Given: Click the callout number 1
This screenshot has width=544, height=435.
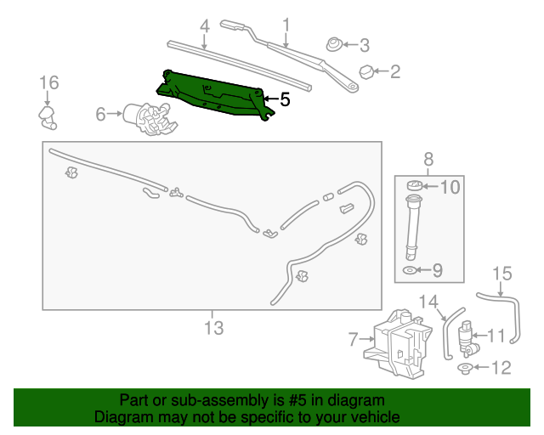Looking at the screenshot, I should pyautogui.click(x=286, y=25).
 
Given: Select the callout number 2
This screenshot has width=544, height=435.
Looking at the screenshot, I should pyautogui.click(x=394, y=72).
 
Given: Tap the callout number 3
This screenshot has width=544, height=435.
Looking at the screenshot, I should pyautogui.click(x=364, y=45).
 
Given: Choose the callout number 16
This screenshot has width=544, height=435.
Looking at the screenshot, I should pyautogui.click(x=48, y=82).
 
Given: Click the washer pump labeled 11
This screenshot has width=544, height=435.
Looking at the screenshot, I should pyautogui.click(x=467, y=336).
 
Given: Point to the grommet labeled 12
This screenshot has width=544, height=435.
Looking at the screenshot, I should pyautogui.click(x=465, y=368).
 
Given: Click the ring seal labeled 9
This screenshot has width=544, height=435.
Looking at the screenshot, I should pyautogui.click(x=411, y=271).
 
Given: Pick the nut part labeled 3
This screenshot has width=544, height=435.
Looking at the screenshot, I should pyautogui.click(x=335, y=43).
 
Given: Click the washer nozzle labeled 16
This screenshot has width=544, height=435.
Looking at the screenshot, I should pyautogui.click(x=47, y=116).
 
